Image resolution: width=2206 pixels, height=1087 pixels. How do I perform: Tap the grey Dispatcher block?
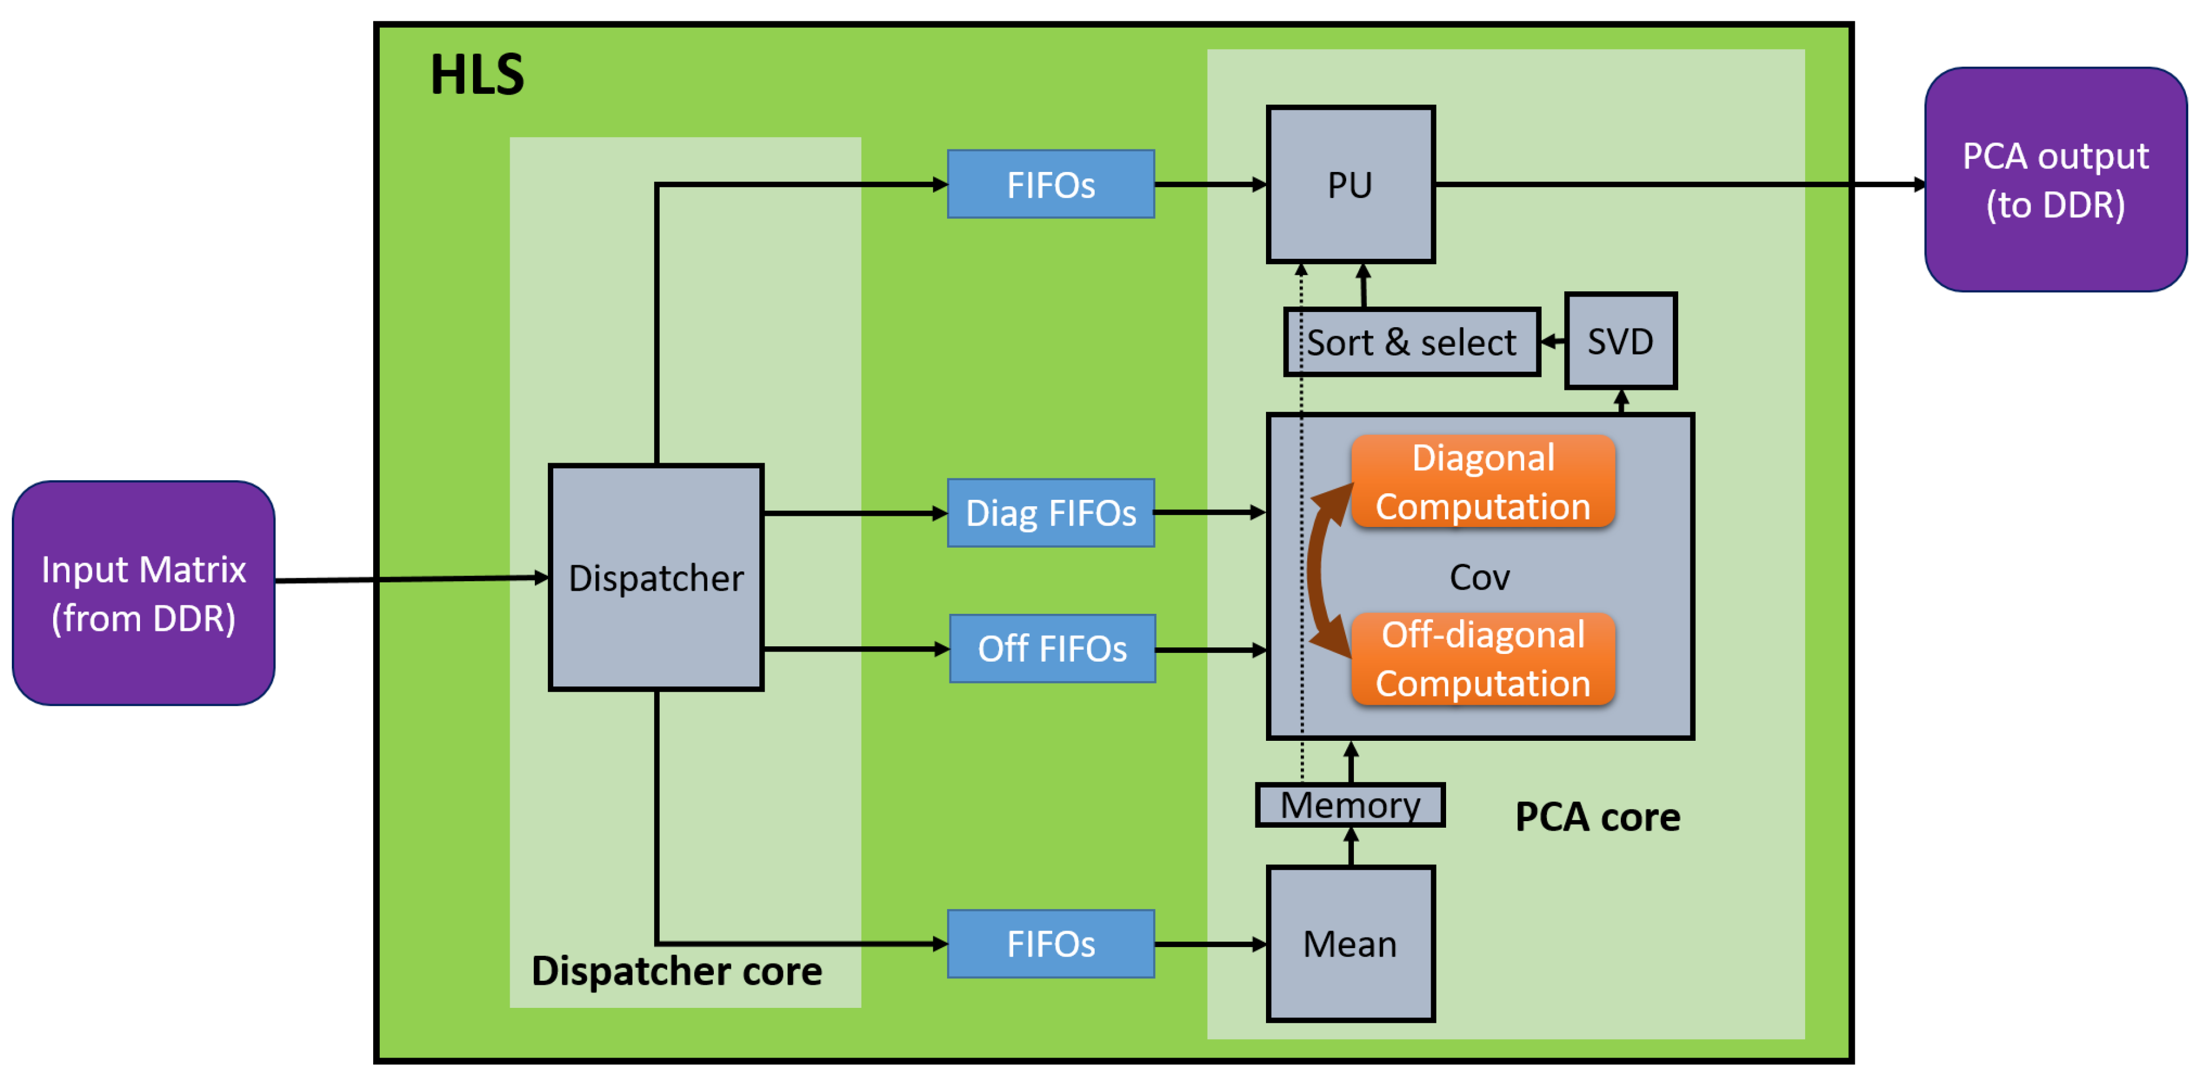pos(656,577)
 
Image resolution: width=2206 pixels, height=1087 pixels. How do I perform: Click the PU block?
pos(1350,184)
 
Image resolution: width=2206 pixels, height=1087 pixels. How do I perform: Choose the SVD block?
pos(1620,341)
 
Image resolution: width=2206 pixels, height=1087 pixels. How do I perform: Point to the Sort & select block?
pos(1411,343)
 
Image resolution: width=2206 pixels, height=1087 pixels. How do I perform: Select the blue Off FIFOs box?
pos(1052,649)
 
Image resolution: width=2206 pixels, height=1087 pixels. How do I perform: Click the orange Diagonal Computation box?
pos(1482,481)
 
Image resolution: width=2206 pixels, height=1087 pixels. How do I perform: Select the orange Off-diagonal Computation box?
pos(1482,659)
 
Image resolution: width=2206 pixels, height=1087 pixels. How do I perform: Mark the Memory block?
pos(1350,805)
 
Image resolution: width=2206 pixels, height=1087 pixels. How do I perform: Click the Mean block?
pos(1350,944)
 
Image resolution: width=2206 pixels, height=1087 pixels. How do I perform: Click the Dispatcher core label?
pos(677,971)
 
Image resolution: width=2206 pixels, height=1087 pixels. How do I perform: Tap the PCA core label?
pos(1597,817)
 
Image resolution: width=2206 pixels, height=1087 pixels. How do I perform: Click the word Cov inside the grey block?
pos(1479,577)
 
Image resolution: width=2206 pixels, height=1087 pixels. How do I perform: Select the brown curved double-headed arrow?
pos(1318,569)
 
